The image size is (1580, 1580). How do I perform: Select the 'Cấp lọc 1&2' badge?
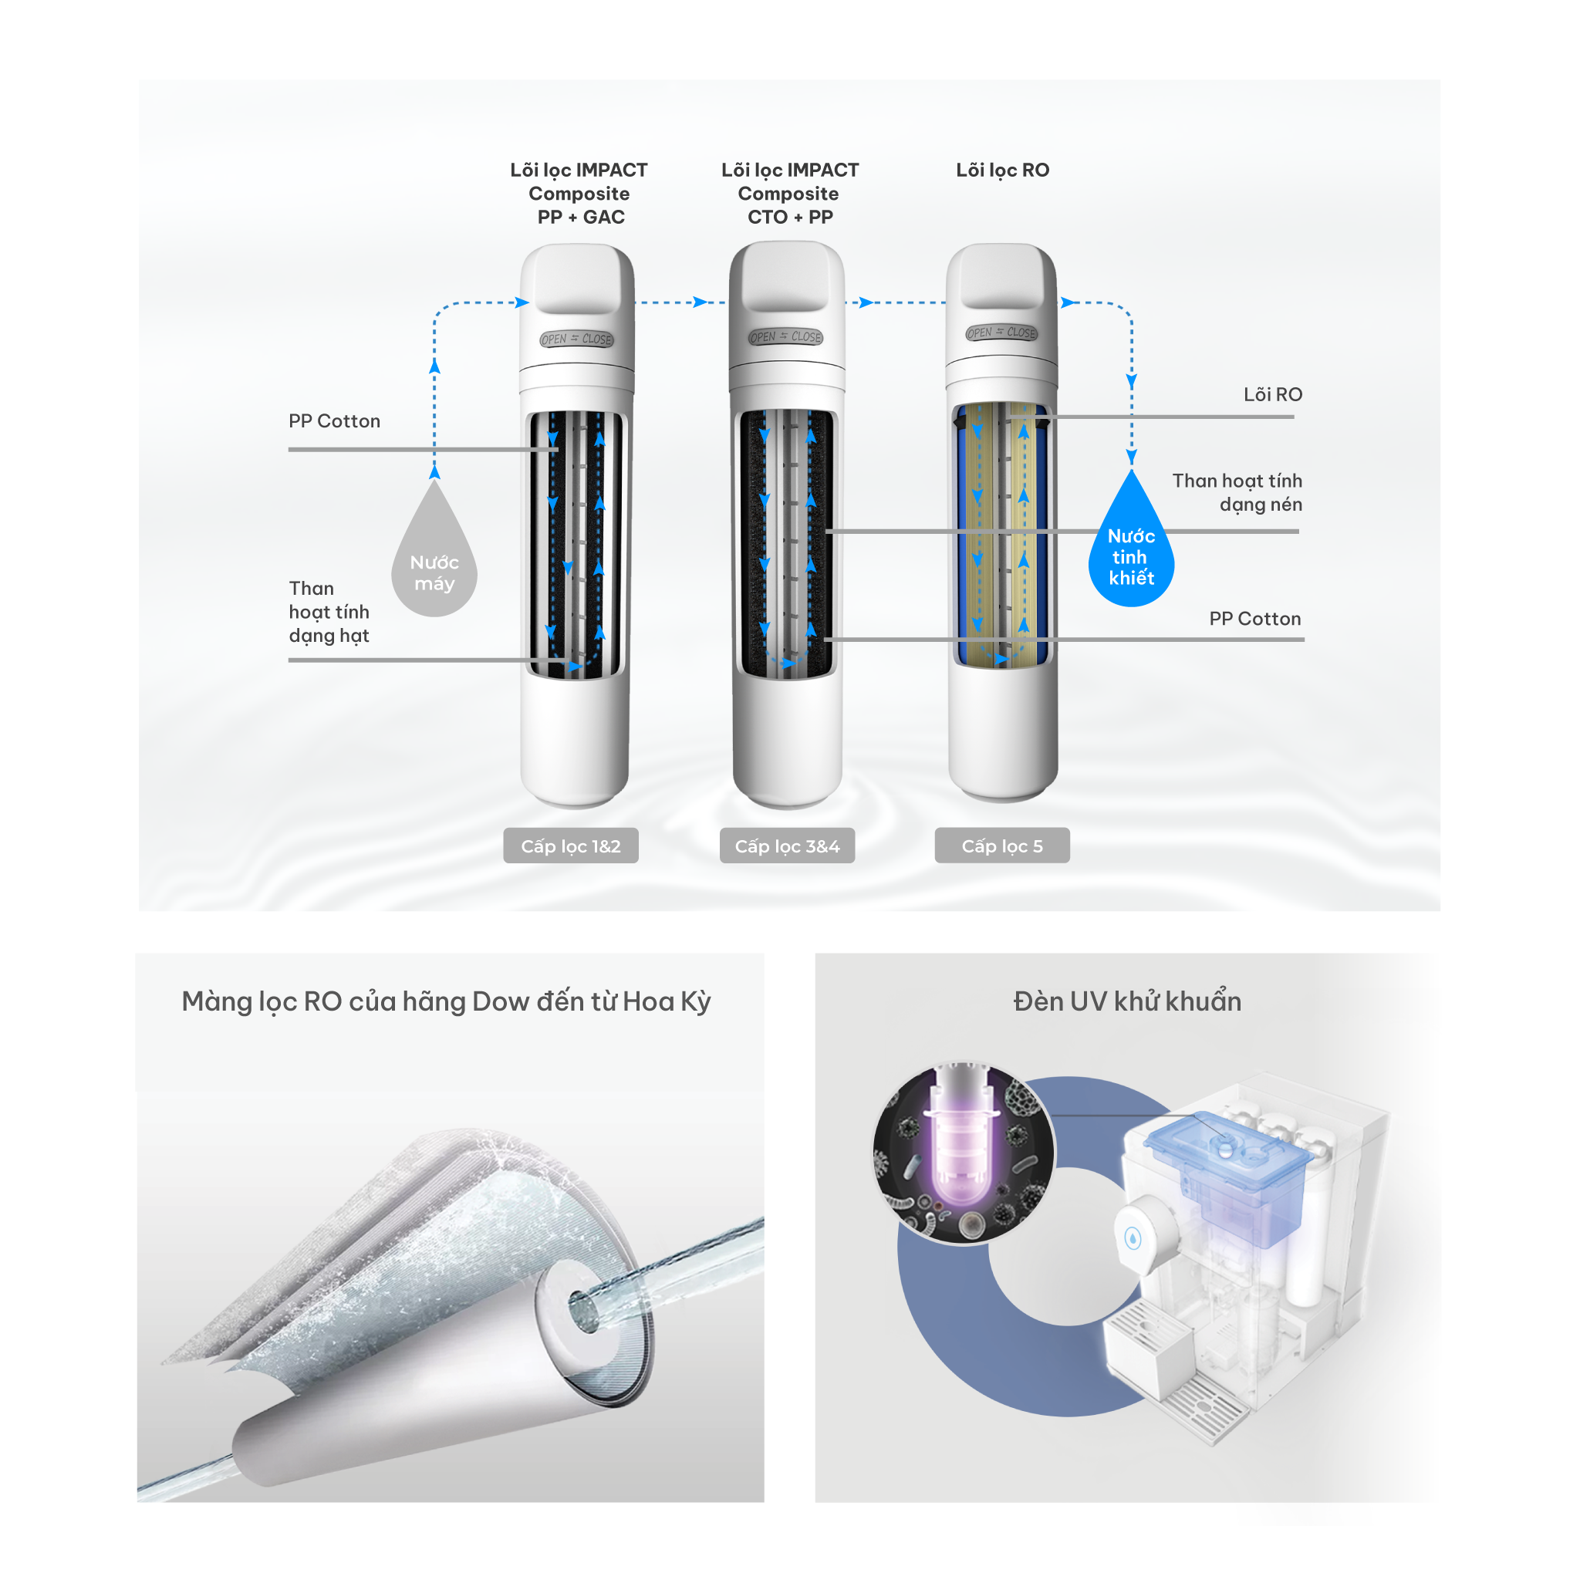point(571,846)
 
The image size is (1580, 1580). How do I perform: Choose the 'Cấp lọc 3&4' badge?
point(787,846)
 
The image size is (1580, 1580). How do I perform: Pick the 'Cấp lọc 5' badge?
point(1002,846)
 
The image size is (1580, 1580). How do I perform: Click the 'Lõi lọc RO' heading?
point(1003,170)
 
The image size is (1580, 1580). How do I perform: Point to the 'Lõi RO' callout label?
point(1272,394)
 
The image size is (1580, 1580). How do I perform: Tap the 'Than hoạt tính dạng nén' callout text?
point(1237,492)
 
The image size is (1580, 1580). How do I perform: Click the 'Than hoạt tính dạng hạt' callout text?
point(329,612)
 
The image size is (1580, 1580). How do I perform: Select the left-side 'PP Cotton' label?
point(335,421)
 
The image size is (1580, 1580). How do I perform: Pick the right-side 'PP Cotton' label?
point(1255,618)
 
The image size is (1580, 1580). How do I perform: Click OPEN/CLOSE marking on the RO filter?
point(1002,333)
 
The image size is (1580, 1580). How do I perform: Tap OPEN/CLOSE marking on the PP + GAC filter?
point(576,339)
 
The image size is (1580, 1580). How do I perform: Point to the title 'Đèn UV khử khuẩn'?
point(1127,1001)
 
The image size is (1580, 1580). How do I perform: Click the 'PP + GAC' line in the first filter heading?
point(581,218)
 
